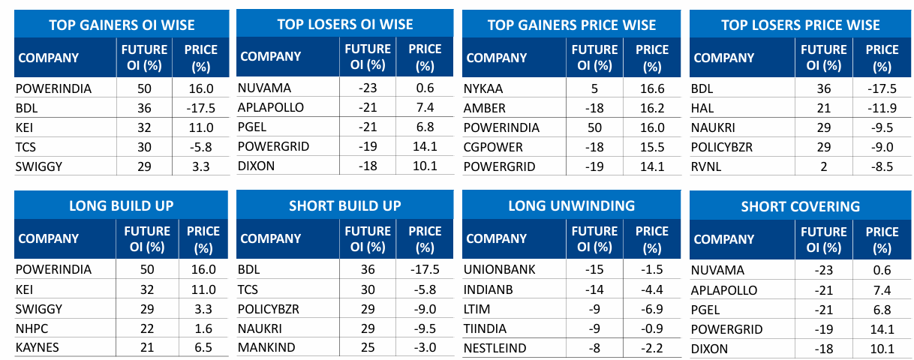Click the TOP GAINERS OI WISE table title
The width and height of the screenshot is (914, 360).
pos(122,25)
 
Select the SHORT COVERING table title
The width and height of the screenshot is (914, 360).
pos(801,206)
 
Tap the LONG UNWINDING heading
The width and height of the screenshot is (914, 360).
pos(571,205)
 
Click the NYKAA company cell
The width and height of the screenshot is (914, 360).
pos(485,88)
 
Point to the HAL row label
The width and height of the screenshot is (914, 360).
pos(703,108)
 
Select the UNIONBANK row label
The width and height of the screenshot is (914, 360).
pos(500,270)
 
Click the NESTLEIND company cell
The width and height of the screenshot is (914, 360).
pos(500,348)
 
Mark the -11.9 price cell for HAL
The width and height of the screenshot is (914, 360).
pos(881,108)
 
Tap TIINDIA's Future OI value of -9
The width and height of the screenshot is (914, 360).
pos(595,328)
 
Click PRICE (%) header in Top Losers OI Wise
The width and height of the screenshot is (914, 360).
pos(425,56)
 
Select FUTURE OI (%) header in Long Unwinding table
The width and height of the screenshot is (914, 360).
pos(595,238)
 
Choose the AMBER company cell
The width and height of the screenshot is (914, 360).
pos(486,108)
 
